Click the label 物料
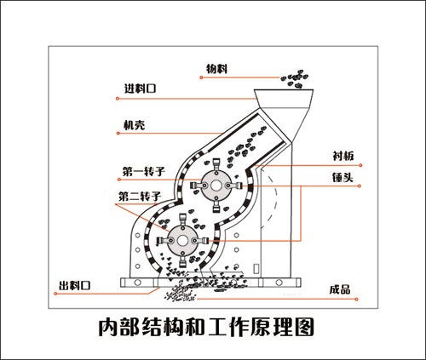[x=218, y=68]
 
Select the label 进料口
[x=139, y=89]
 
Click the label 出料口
[x=74, y=284]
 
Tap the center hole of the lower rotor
[x=182, y=241]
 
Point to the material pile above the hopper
[x=294, y=79]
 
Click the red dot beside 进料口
[x=114, y=96]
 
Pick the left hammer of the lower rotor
[x=161, y=241]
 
